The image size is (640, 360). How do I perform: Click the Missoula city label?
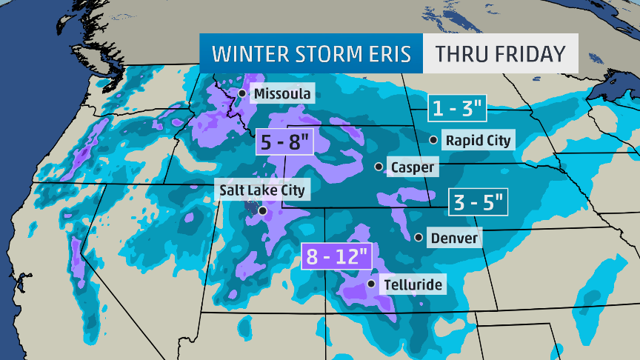[x=282, y=94]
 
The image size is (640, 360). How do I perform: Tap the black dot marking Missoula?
[x=241, y=93]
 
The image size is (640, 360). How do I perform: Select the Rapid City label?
[x=479, y=140]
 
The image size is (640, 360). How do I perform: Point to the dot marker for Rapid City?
[x=433, y=139]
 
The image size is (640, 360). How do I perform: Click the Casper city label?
[x=413, y=167]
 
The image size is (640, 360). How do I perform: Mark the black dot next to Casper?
[x=379, y=167]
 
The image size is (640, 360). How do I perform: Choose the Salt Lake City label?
[x=261, y=190]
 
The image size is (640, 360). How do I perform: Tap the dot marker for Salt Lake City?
[x=261, y=210]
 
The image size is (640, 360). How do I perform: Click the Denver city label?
[x=454, y=239]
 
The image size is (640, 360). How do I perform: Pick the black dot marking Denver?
[x=419, y=238]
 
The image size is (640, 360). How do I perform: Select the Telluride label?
[x=413, y=284]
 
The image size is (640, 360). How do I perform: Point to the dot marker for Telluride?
[x=372, y=284]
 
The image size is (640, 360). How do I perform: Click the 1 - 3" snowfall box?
[x=458, y=109]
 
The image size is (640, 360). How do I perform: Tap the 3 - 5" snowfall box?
[x=479, y=201]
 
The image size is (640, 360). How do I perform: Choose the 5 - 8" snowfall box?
[x=283, y=141]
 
